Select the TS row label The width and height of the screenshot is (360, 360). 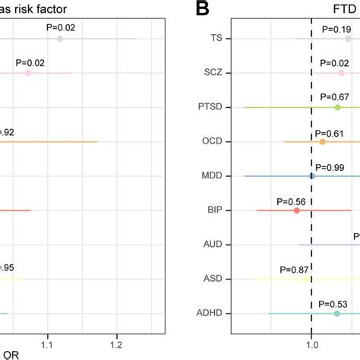coord(216,38)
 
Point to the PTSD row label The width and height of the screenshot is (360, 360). coord(210,107)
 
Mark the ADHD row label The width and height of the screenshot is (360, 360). coord(209,313)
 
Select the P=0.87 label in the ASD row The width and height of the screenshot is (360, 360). coord(295,269)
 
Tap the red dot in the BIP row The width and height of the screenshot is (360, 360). coord(297,210)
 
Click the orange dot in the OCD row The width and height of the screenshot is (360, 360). coord(323,141)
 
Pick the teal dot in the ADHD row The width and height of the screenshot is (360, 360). coord(337,313)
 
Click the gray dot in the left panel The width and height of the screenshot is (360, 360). coord(60,38)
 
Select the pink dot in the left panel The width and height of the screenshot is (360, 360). coord(28,73)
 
